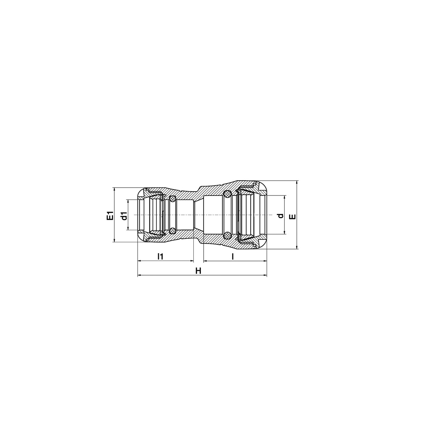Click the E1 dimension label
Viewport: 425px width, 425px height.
pyautogui.click(x=110, y=215)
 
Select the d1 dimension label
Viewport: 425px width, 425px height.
pyautogui.click(x=125, y=215)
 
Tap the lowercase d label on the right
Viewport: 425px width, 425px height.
pyautogui.click(x=280, y=215)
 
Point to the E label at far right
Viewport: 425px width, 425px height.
pyautogui.click(x=293, y=217)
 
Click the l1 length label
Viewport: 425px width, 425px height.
pyautogui.click(x=160, y=256)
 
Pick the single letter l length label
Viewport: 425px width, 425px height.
pyautogui.click(x=232, y=256)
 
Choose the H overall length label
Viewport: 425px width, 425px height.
pyautogui.click(x=198, y=271)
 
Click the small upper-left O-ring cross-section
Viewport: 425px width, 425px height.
pyautogui.click(x=172, y=199)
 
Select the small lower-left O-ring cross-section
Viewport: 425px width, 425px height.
pyautogui.click(x=172, y=231)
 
